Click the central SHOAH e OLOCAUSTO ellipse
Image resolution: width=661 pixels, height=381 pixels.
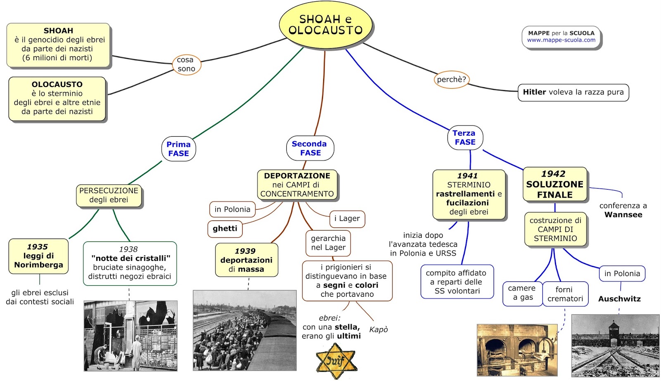[326, 25]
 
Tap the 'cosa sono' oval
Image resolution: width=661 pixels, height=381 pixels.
[186, 64]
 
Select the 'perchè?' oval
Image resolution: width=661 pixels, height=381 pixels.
[452, 79]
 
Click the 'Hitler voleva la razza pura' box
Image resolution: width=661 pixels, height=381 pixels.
[573, 92]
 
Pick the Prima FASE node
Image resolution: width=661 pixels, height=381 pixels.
[178, 149]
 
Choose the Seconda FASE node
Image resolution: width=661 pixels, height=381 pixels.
[310, 148]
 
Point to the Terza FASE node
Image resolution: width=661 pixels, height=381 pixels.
[465, 137]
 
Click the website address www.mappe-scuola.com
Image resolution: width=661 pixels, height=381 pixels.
[561, 40]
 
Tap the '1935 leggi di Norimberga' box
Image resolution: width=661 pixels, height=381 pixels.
[38, 256]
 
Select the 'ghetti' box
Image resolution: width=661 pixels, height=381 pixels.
[225, 228]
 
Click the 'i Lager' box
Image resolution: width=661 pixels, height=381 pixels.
[347, 218]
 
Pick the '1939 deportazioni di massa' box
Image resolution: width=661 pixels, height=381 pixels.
[246, 260]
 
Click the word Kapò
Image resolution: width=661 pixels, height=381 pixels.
[378, 329]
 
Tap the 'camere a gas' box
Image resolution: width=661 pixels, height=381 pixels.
[522, 293]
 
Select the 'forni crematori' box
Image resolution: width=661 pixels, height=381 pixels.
[565, 294]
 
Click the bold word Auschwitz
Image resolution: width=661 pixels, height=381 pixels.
[619, 299]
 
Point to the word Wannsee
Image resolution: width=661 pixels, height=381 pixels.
[623, 215]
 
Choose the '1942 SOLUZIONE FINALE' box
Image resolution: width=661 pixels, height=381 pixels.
[554, 184]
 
